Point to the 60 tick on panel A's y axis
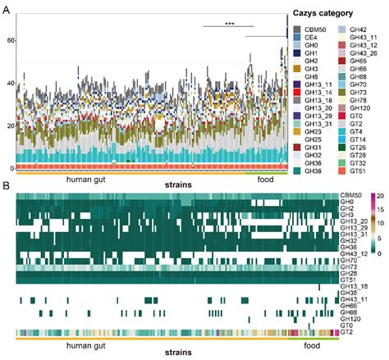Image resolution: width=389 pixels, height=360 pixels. pos(11,40)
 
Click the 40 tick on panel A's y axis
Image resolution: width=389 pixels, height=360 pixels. pos(11,83)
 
